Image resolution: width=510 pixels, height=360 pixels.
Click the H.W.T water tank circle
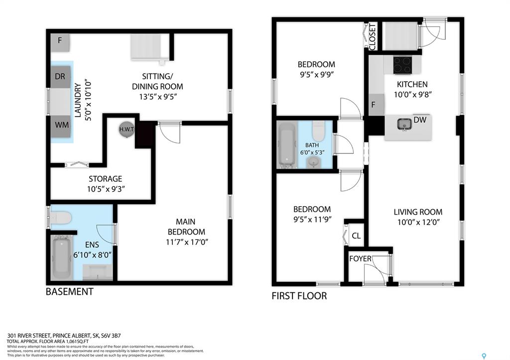tap(127, 129)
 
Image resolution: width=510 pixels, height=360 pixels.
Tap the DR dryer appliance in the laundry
tap(60, 76)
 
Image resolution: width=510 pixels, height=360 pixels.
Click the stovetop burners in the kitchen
tap(402, 65)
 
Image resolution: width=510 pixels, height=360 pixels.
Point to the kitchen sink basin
tap(404, 124)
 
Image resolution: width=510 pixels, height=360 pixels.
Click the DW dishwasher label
tap(420, 120)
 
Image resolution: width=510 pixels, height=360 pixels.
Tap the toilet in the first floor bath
tap(318, 131)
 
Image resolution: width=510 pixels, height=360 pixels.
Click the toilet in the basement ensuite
tap(61, 218)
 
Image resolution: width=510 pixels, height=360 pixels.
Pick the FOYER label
tap(360, 258)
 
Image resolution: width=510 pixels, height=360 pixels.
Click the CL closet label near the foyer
tap(356, 236)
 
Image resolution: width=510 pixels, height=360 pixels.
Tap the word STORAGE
tap(106, 179)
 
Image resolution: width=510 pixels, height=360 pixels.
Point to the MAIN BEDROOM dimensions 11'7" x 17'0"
tap(187, 242)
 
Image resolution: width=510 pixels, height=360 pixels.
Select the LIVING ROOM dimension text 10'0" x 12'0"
tap(418, 222)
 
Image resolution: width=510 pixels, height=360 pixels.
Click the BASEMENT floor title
tap(69, 292)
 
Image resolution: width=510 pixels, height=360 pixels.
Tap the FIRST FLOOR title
tap(299, 296)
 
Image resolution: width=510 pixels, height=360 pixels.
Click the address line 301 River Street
tap(64, 336)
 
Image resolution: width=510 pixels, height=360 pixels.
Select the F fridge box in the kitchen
tap(376, 105)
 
